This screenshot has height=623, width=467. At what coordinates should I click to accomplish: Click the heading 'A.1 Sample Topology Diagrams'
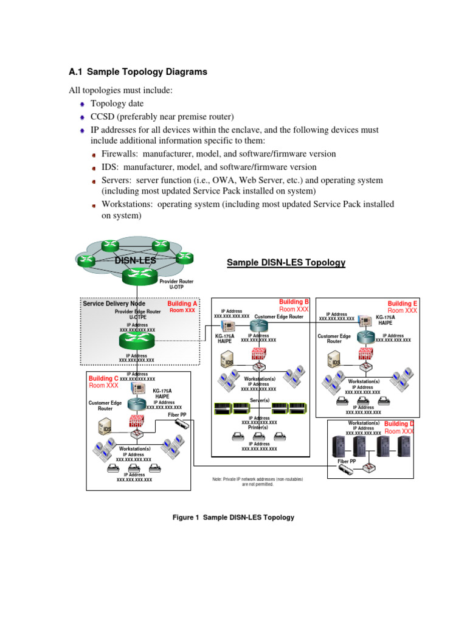coord(138,72)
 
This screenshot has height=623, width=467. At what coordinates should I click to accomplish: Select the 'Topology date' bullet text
coord(117,104)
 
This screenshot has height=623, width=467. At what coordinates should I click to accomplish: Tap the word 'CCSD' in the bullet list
coord(103,117)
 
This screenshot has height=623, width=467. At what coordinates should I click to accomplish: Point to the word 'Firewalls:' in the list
coord(120,154)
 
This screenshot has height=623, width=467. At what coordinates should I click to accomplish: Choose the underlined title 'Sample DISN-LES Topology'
coord(286,263)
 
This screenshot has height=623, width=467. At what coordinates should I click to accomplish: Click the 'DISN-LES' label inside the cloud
coord(135,261)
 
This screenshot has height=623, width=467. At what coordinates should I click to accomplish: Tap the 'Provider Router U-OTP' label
coord(176,284)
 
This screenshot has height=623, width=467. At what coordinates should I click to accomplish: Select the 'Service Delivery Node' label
coord(114,303)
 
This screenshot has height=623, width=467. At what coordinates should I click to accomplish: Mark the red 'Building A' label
coord(182,303)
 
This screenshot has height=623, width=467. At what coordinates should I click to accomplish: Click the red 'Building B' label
coord(294,302)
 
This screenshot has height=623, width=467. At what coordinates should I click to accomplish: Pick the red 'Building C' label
coord(103,378)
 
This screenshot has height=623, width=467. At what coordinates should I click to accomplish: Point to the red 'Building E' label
coord(403,304)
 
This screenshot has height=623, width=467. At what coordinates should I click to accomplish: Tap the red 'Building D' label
coord(399,423)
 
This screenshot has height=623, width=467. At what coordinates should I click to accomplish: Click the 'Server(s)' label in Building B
coord(260,400)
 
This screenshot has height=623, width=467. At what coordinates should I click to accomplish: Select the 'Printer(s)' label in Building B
coord(259,428)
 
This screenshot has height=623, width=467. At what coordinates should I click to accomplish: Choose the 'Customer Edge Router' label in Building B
coord(278,317)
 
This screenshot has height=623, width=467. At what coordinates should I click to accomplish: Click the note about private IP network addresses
coord(258,482)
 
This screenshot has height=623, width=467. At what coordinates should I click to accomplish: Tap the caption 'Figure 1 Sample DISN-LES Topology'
coord(233,517)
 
